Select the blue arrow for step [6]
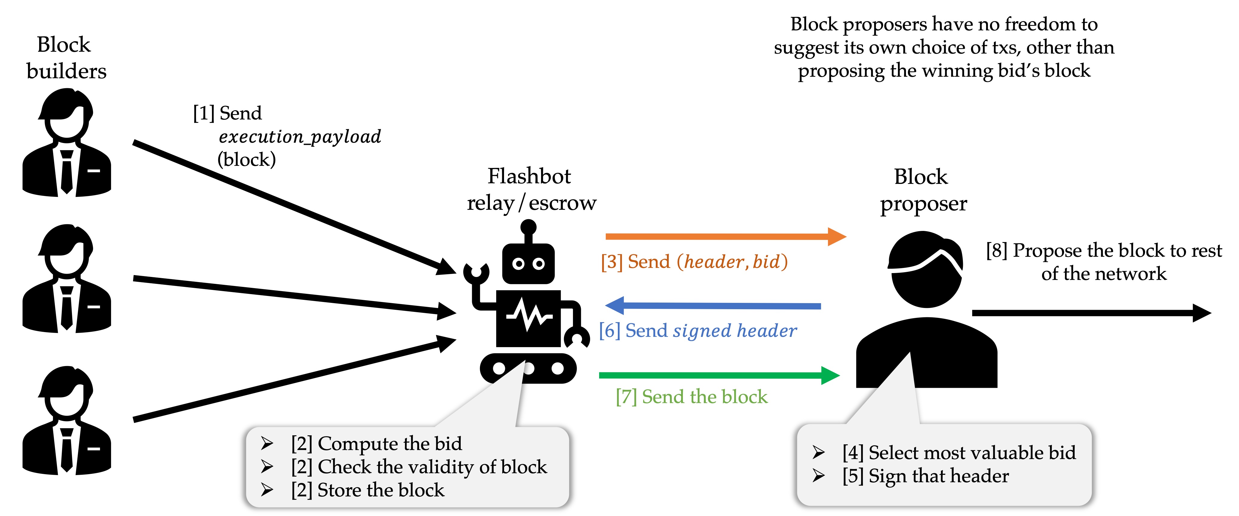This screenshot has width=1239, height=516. click(712, 305)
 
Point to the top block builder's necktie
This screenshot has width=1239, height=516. click(67, 171)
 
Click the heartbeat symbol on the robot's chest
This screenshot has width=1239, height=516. click(529, 315)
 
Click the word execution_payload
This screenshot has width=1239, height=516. click(300, 137)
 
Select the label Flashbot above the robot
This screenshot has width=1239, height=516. click(529, 176)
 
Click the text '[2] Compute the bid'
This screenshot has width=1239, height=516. click(376, 443)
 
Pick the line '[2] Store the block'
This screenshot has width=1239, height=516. click(367, 490)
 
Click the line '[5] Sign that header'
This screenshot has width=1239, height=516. click(925, 476)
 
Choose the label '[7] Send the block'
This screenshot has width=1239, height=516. click(692, 397)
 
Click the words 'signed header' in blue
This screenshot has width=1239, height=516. click(734, 331)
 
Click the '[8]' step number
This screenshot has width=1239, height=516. click(996, 250)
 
